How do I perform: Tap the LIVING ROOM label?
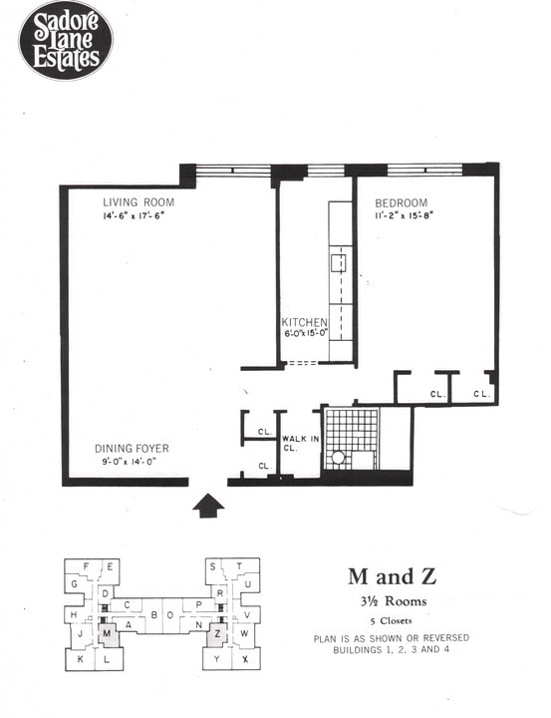click(133, 202)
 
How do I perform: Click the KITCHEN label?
click(304, 322)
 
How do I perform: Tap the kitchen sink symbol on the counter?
click(339, 262)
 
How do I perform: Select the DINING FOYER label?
click(132, 449)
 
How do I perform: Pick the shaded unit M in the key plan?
click(106, 633)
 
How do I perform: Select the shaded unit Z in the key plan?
click(218, 633)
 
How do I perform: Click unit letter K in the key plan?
click(76, 660)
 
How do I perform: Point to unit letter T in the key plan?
click(240, 566)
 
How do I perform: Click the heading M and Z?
click(392, 576)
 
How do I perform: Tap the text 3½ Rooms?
click(392, 600)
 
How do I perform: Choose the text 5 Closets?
click(392, 619)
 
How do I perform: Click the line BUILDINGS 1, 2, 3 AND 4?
click(392, 650)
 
